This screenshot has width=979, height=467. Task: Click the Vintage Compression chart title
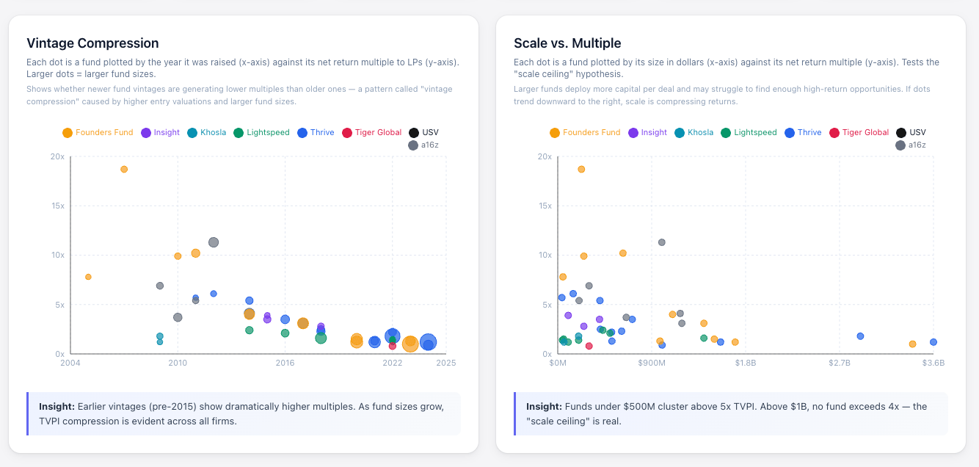[92, 43]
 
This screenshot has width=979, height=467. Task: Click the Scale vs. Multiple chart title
[567, 43]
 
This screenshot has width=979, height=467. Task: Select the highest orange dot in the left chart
[124, 170]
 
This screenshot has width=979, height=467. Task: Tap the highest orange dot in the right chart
[581, 170]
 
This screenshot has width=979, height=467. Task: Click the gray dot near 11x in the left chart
[214, 242]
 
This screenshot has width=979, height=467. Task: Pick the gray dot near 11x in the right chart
[662, 242]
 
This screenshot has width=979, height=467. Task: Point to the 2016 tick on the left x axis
[285, 363]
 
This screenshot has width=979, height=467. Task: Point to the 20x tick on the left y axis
[56, 156]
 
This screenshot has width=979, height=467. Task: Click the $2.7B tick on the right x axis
[840, 363]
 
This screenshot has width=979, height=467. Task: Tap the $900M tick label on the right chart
[652, 363]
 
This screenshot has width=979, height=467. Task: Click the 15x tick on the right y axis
[544, 206]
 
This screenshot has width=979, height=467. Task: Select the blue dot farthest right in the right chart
[933, 342]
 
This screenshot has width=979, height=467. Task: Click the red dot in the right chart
[589, 346]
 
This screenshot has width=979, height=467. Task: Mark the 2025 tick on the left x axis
[446, 363]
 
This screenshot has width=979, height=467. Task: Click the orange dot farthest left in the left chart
[88, 277]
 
